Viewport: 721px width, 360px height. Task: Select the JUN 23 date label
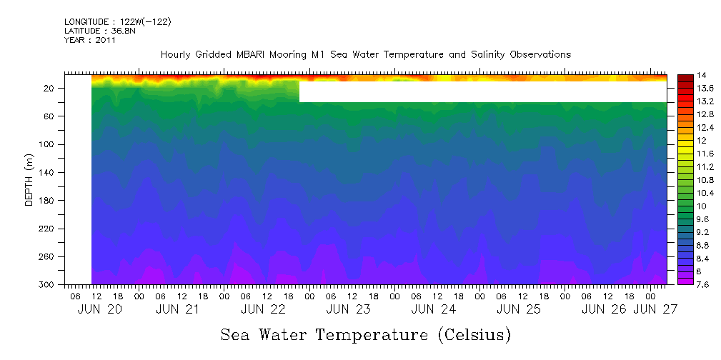click(x=348, y=309)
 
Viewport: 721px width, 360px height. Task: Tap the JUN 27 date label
click(x=655, y=309)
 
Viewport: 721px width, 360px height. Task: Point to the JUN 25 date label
click(x=518, y=309)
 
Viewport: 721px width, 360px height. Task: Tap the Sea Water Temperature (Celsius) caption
click(x=365, y=334)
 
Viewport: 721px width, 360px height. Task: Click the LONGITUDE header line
click(x=117, y=22)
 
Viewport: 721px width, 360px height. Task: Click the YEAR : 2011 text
click(x=89, y=40)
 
